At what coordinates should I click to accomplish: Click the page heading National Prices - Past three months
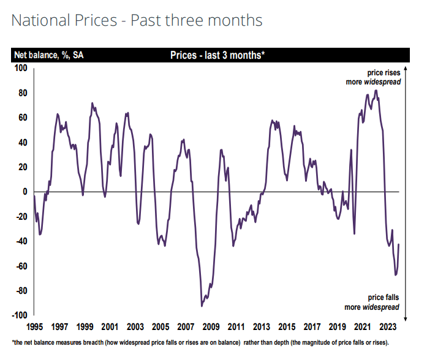pos(137,20)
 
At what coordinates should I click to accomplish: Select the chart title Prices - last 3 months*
pos(217,55)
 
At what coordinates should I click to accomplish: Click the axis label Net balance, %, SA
pos(49,55)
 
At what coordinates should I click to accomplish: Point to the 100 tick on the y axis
pos(21,68)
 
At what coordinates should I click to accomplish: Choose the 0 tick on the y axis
pos(26,192)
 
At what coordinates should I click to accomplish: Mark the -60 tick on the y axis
pos(21,266)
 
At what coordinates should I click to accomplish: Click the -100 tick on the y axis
pos(20,315)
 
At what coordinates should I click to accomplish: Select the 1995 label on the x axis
pos(34,326)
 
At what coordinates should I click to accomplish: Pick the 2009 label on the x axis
pos(211,326)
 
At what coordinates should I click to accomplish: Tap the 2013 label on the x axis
pos(262,326)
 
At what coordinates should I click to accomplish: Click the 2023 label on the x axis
pos(388,326)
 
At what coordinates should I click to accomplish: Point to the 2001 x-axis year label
pos(110,326)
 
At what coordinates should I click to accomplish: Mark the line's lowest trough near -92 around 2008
pos(202,306)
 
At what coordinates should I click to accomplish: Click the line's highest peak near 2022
pos(376,91)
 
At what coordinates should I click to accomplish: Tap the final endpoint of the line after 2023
pos(399,244)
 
